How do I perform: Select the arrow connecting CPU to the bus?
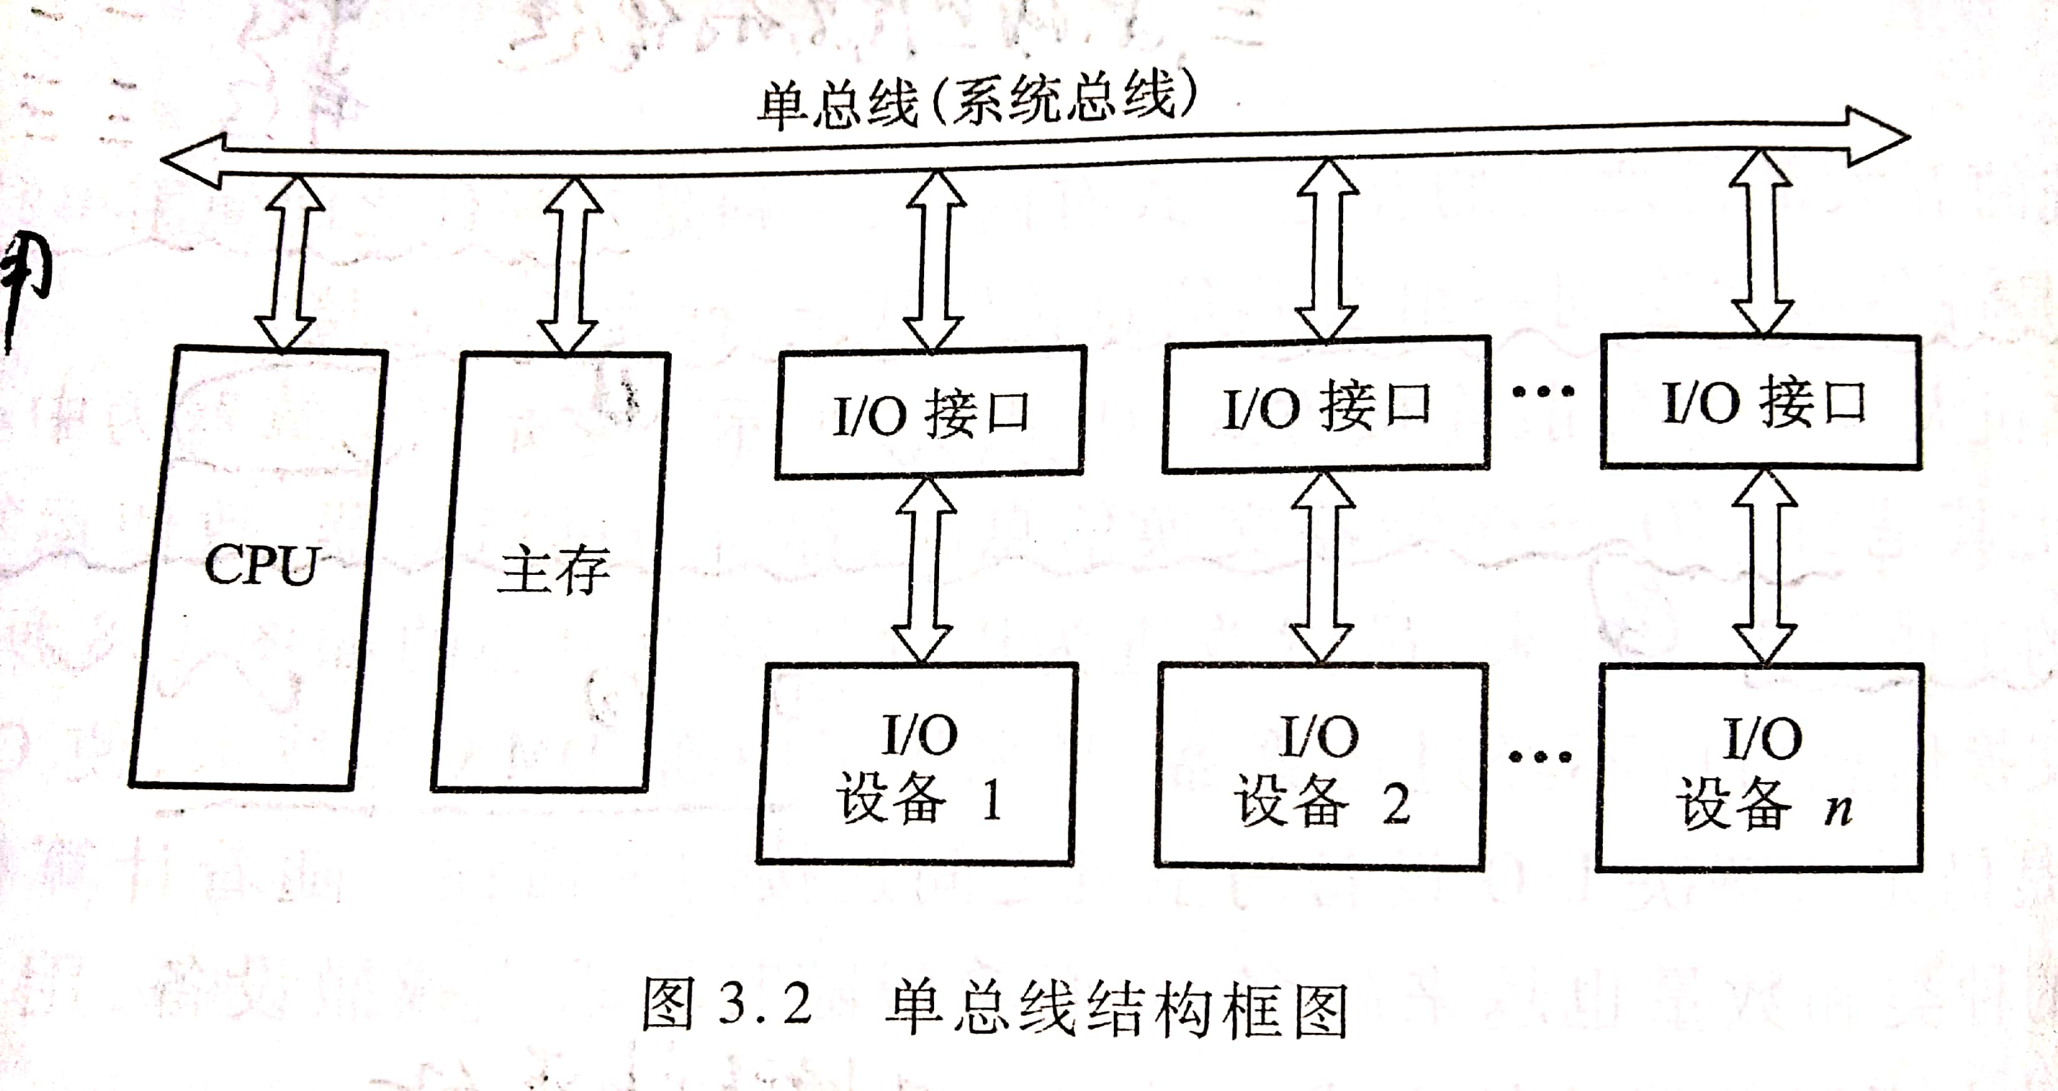[x=289, y=263]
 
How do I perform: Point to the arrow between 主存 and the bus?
[x=571, y=265]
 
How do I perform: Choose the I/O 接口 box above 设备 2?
[x=1326, y=406]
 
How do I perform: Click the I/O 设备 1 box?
[x=917, y=765]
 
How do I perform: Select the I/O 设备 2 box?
[x=1321, y=766]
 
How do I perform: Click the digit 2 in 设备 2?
[x=1396, y=803]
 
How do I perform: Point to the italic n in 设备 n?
[x=1838, y=808]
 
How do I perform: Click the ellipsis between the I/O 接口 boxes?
[x=1543, y=391]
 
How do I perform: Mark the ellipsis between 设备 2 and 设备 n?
[x=1540, y=756]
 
